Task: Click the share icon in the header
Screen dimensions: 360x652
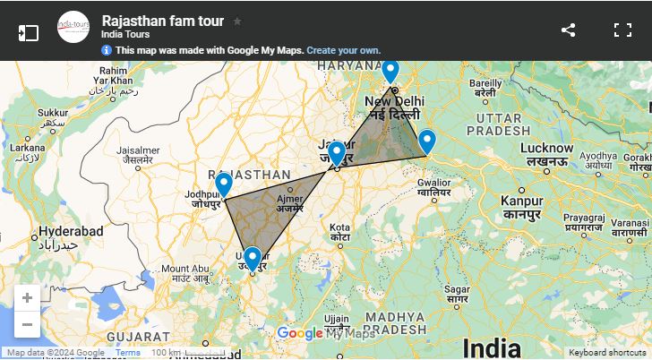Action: tap(568, 30)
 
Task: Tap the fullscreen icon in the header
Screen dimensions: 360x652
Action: tap(622, 30)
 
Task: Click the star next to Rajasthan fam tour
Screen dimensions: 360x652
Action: tap(237, 21)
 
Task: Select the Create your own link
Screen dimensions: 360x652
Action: tap(343, 50)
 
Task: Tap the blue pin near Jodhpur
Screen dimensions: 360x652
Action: tap(224, 184)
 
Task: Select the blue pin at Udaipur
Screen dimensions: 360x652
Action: tap(253, 258)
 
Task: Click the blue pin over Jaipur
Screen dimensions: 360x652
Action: tap(336, 153)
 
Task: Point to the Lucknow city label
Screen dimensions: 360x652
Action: tap(547, 147)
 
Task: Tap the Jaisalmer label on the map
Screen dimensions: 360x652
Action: tap(138, 150)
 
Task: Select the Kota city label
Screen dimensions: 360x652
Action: tap(339, 227)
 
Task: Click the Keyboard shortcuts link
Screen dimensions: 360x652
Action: tap(609, 353)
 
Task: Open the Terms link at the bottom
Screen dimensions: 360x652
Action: tap(128, 353)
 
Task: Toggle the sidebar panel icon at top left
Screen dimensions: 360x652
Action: tap(28, 32)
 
